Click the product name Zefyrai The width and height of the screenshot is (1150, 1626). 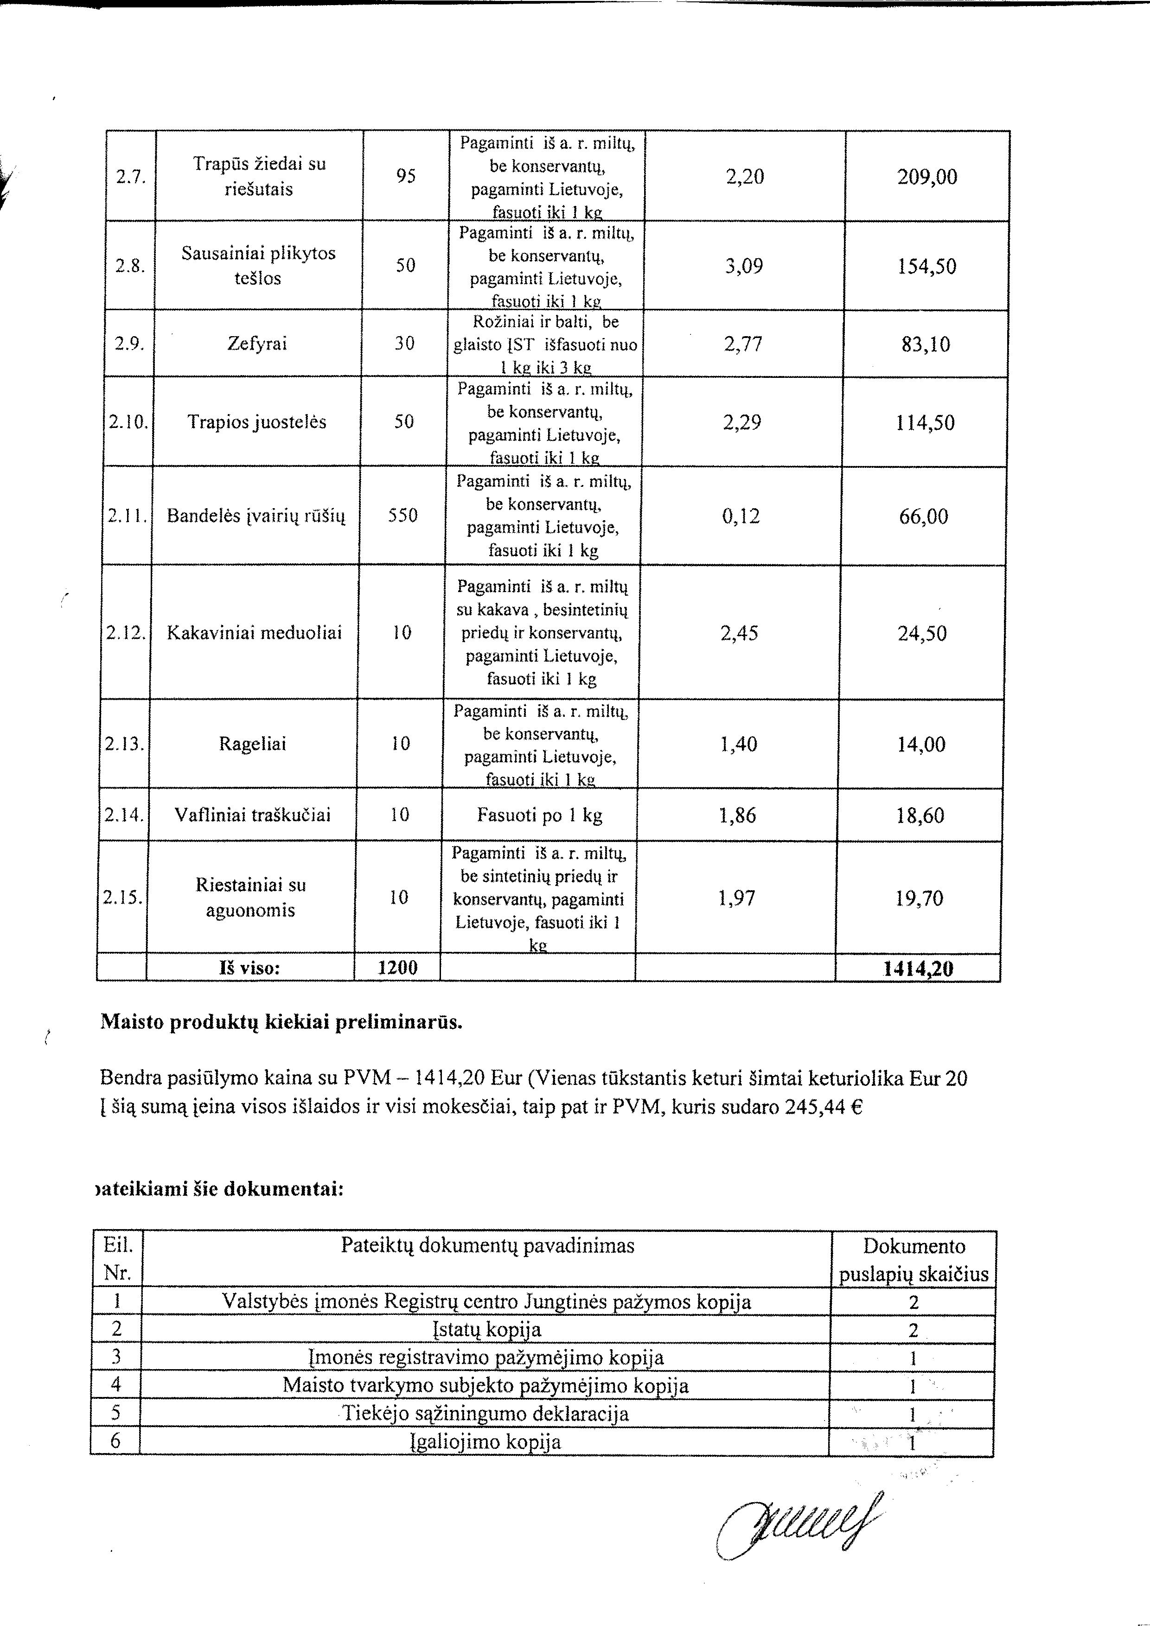click(257, 344)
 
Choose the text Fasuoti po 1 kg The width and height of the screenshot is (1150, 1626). click(540, 815)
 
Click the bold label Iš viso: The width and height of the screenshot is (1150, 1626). click(249, 967)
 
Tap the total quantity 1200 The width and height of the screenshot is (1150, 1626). click(397, 967)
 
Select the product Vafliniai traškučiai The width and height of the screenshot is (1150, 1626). click(253, 815)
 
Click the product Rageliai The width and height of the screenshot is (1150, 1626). click(253, 744)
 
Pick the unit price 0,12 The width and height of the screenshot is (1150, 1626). click(741, 516)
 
